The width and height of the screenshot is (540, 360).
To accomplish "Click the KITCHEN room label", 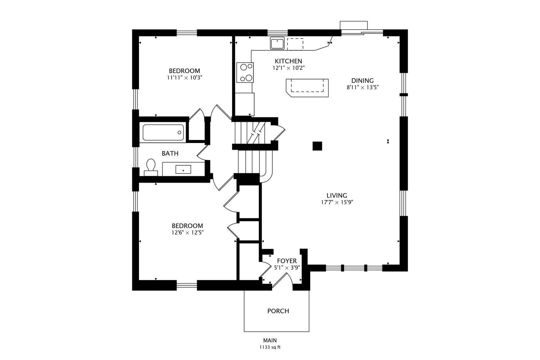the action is pos(288,61).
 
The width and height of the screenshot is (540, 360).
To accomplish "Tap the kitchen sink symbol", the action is pos(277,43).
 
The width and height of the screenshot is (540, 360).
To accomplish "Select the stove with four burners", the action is pos(245,72).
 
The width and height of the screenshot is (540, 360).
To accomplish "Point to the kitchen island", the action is pos(307,88).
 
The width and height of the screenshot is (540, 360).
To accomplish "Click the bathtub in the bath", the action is pos(163,132).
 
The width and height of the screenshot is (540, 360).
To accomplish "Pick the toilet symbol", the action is pos(151,167).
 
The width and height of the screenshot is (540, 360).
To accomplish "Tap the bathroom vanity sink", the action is pos(183,169).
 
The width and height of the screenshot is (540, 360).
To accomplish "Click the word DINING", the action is pos(362,81).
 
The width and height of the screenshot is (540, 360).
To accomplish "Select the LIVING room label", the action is pos(337,196).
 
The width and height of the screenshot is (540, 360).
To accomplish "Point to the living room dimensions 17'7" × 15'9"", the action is pos(337,202).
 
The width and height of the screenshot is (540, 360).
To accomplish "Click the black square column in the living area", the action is pos(317,146).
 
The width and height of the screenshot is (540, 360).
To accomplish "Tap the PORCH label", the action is pos(278,311).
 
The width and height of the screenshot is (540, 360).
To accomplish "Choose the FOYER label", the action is pos(287,261).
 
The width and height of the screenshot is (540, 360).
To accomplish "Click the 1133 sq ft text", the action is pos(270,347).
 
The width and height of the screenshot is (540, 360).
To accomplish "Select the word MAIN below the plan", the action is pos(270,340).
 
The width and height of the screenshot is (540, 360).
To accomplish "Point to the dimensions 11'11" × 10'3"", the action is pos(184,78).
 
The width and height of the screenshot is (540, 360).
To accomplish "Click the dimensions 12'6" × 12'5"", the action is pos(188,233).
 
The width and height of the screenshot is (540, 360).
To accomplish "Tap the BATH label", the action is pos(170,153).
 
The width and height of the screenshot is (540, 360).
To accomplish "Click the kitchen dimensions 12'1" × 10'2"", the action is pos(289,68).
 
